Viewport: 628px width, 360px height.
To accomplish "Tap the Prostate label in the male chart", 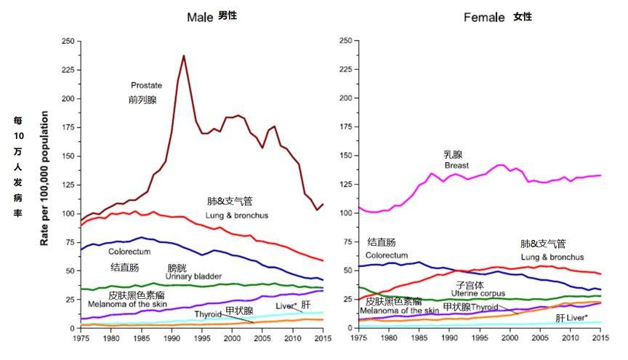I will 147,85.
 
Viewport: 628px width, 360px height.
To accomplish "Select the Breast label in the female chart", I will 456,166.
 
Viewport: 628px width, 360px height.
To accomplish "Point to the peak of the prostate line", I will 183,56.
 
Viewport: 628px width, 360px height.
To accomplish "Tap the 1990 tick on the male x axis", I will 171,338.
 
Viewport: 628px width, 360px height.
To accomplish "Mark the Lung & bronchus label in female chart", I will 552,257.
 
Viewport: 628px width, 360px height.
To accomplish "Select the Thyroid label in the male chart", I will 208,314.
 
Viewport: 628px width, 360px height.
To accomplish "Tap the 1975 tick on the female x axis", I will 359,338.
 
